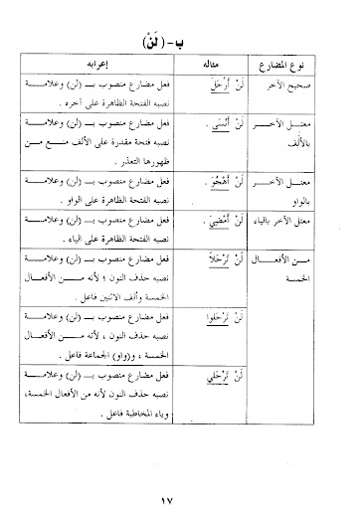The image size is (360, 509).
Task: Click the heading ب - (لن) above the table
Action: [x=179, y=46]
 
